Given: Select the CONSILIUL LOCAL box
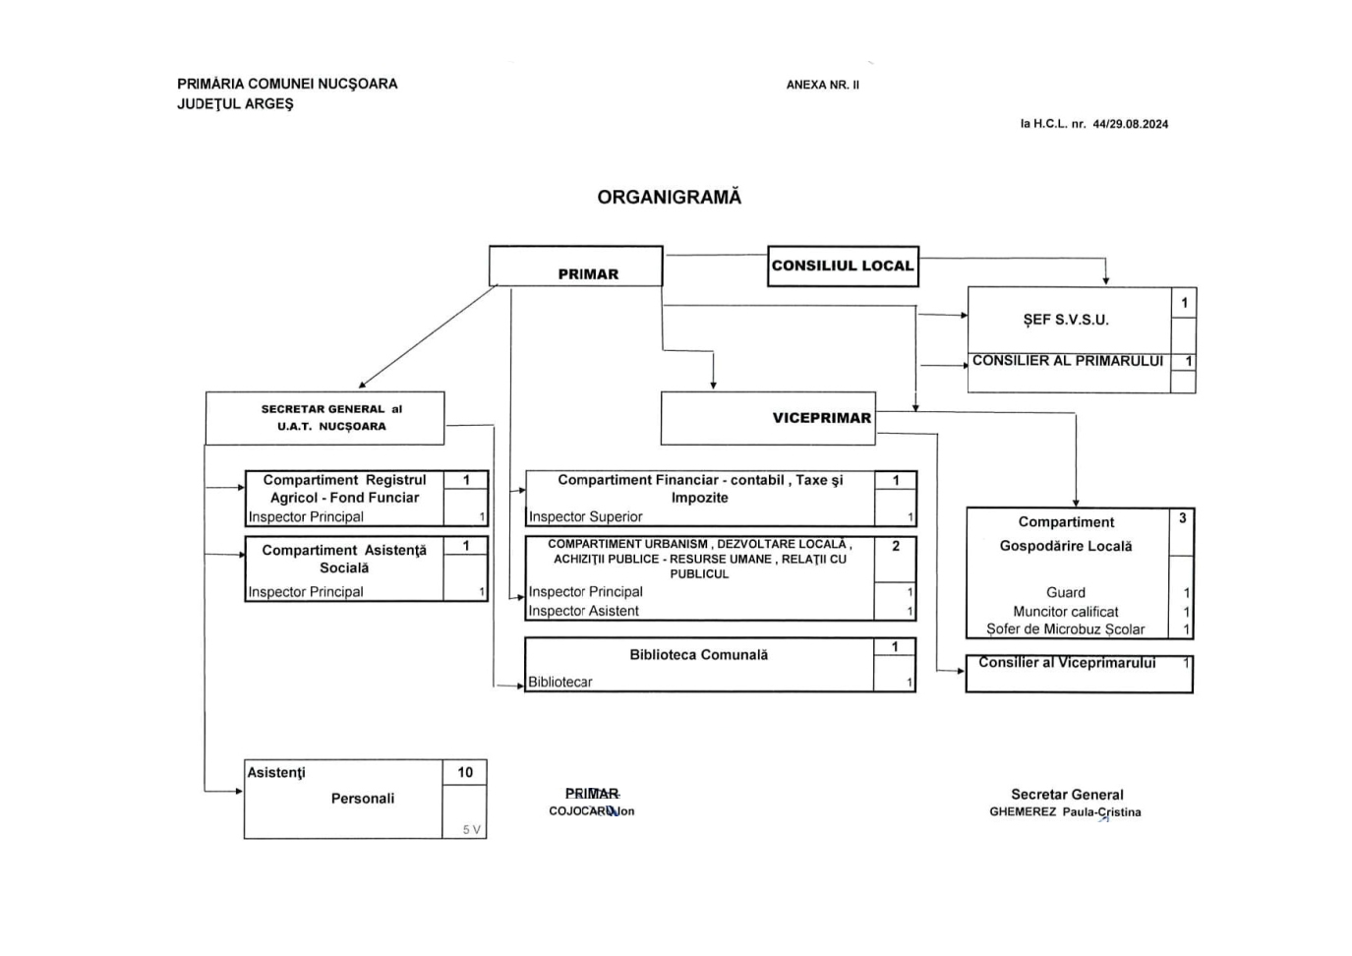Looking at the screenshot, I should click(x=843, y=266).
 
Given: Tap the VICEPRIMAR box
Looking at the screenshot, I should click(x=768, y=418).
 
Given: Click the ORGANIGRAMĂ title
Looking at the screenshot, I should click(x=670, y=197).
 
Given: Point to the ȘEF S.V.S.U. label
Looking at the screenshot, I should click(x=1066, y=320).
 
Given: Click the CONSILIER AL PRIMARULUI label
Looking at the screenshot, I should click(x=1068, y=361).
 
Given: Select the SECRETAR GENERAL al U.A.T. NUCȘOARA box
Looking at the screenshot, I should click(x=324, y=418).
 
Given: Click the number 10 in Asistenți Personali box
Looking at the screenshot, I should click(x=465, y=772).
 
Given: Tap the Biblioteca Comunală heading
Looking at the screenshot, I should click(x=699, y=654).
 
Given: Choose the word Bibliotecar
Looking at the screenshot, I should click(x=560, y=682).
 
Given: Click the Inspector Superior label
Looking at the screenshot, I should click(x=586, y=516).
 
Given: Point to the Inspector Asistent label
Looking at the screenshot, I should click(x=584, y=611).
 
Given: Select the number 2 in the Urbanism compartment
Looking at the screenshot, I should click(x=896, y=546).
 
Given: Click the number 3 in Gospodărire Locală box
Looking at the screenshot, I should click(x=1182, y=517).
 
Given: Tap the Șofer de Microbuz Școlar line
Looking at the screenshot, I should click(x=1066, y=629).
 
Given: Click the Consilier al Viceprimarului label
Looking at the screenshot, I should click(x=1067, y=663).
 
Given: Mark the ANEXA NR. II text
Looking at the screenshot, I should click(x=823, y=85).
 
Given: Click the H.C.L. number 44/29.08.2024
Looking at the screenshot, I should click(x=1130, y=124).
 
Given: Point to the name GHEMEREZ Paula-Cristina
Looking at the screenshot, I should click(x=1065, y=812).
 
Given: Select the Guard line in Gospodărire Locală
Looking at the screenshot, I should click(x=1066, y=592).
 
